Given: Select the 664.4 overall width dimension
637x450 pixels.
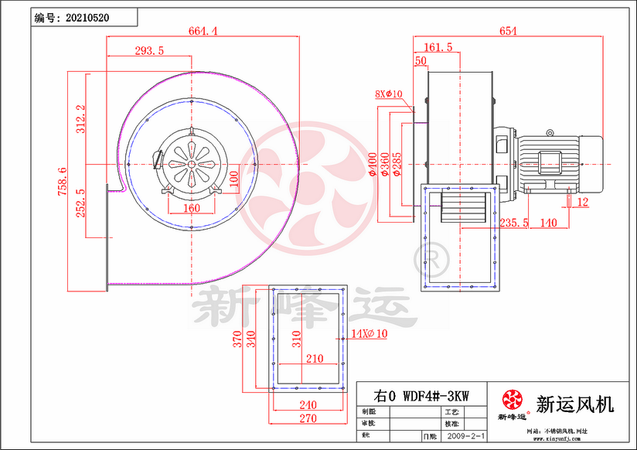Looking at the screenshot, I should (x=203, y=31).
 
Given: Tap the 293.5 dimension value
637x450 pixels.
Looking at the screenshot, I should (x=149, y=51).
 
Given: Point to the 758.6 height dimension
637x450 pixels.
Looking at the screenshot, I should (x=63, y=182).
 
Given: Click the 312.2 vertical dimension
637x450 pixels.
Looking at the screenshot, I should (x=80, y=119).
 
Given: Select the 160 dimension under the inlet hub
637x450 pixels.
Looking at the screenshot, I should (x=191, y=208).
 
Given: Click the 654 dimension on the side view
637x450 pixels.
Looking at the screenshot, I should (x=507, y=31).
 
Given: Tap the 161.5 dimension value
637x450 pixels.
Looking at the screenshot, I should (x=438, y=48).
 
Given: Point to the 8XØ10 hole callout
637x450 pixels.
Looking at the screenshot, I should (x=389, y=94).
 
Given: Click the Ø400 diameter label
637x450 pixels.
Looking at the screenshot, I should (x=372, y=164).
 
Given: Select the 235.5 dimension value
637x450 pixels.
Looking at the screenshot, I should (x=514, y=223).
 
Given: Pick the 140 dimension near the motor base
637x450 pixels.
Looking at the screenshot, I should (x=548, y=223).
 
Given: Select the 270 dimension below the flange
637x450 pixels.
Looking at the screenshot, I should (x=307, y=418).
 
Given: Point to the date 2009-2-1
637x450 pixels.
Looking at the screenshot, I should (x=467, y=436).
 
